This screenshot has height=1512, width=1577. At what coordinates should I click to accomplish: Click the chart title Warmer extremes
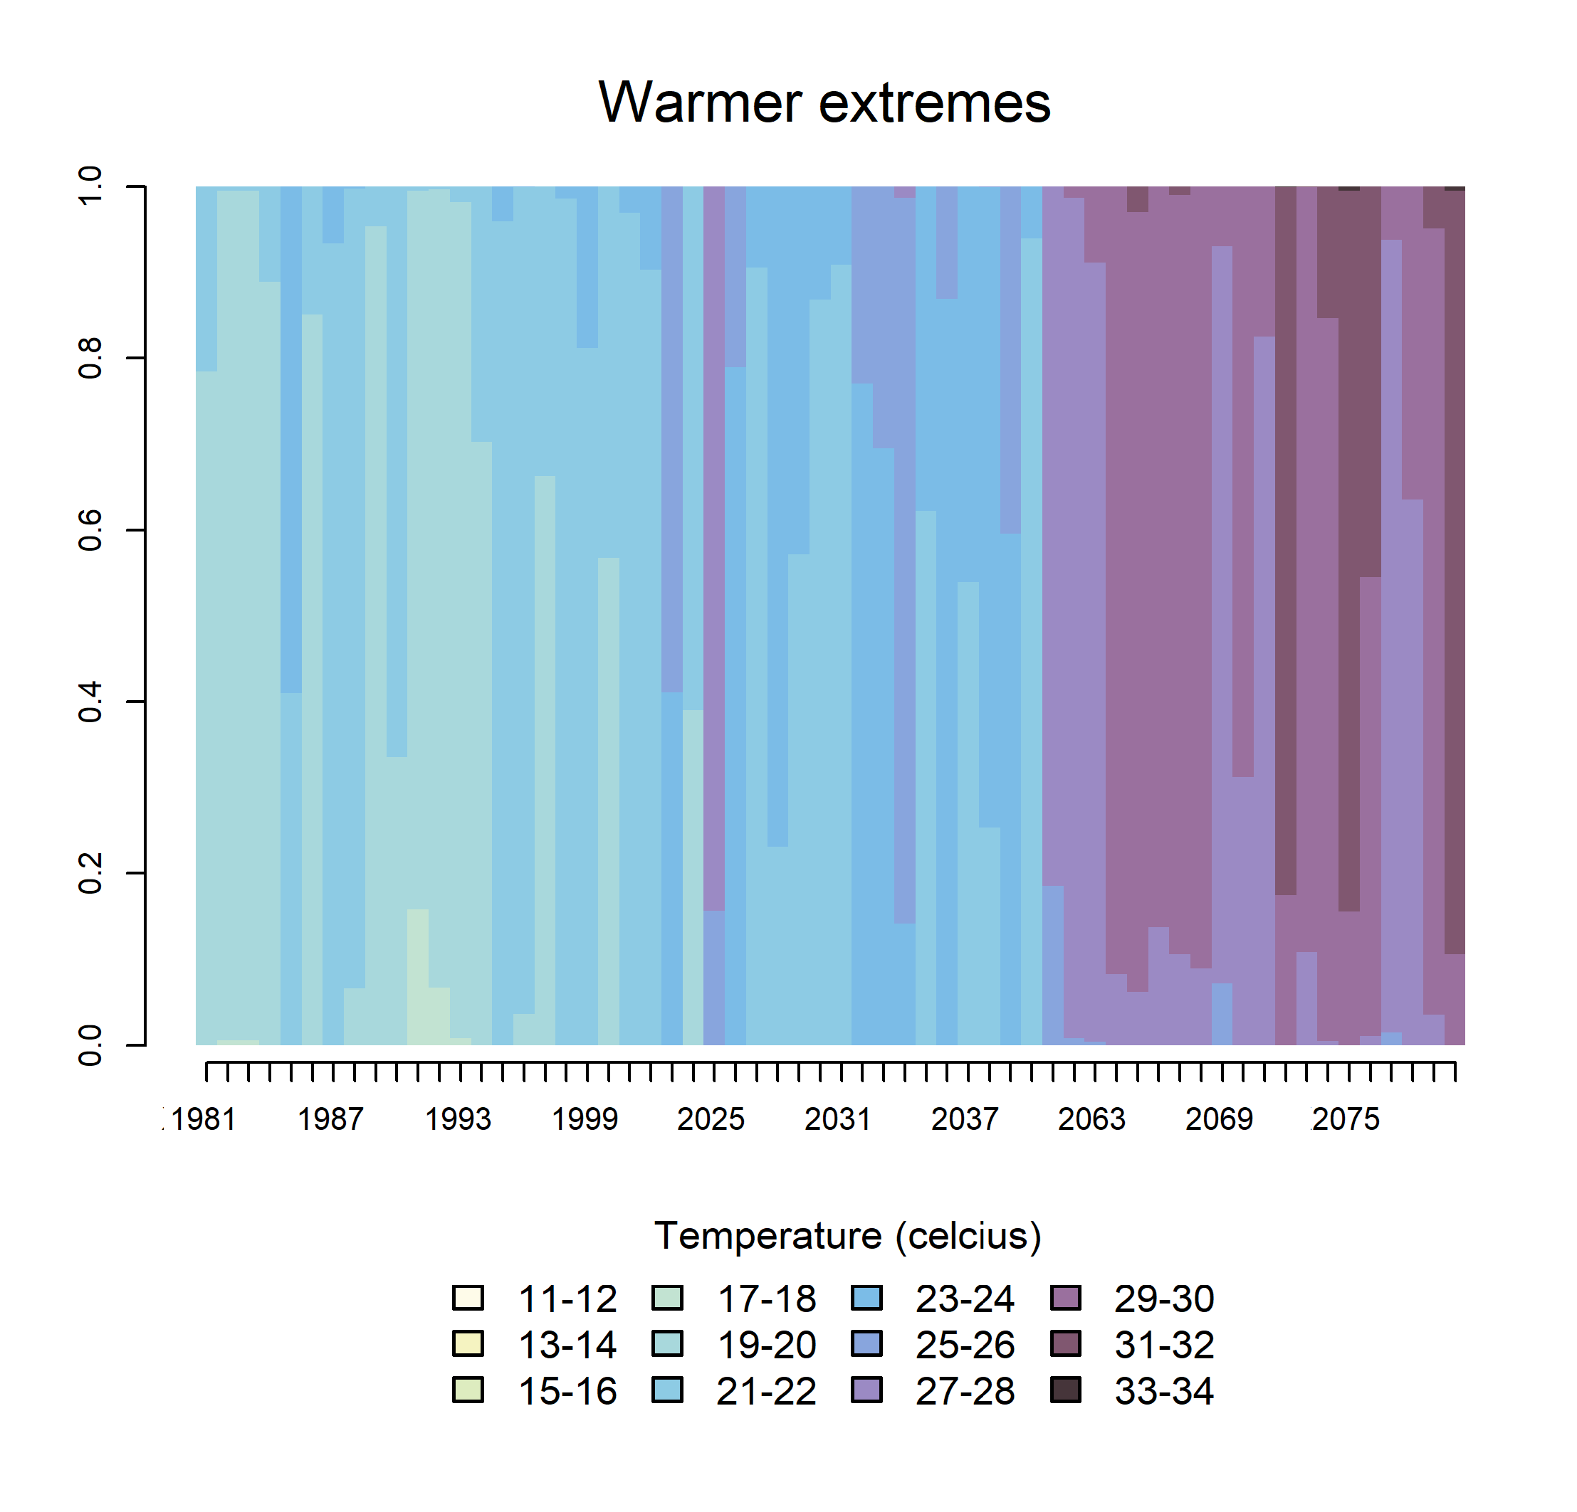point(824,103)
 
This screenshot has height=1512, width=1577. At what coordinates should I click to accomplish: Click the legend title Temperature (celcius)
point(847,1235)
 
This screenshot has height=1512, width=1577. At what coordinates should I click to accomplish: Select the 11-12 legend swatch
point(468,1297)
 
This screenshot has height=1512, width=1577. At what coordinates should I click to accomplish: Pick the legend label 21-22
point(766,1391)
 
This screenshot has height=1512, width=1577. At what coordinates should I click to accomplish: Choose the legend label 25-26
point(965,1345)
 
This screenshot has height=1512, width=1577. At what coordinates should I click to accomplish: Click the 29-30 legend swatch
point(1066,1297)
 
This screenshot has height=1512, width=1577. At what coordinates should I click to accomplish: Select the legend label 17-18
point(766,1299)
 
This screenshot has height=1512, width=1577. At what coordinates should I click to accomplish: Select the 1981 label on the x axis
point(204,1119)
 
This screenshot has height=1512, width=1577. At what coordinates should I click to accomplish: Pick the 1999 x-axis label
point(584,1119)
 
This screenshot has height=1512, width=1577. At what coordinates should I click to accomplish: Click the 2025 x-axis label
point(711,1119)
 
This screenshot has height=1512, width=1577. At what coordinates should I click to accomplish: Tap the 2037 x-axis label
point(965,1119)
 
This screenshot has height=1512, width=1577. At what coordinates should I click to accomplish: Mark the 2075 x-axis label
point(1346,1119)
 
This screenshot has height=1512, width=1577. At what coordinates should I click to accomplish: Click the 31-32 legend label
point(1164,1345)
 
